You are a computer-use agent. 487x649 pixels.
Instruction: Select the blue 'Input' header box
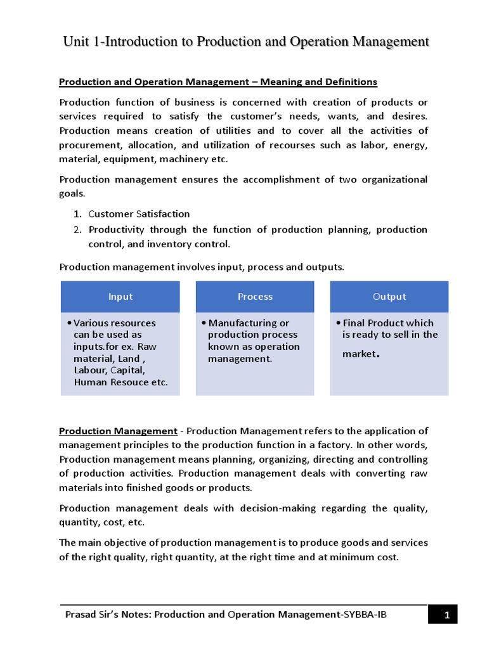point(120,297)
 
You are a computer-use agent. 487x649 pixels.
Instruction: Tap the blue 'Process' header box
point(255,297)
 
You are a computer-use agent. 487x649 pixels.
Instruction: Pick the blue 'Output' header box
point(389,297)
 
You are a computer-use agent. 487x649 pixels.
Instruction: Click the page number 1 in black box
point(446,615)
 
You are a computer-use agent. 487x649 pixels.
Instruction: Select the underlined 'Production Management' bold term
point(118,431)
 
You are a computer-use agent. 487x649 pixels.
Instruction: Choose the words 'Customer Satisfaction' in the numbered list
point(139,214)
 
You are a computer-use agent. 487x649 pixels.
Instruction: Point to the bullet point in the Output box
point(339,323)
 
